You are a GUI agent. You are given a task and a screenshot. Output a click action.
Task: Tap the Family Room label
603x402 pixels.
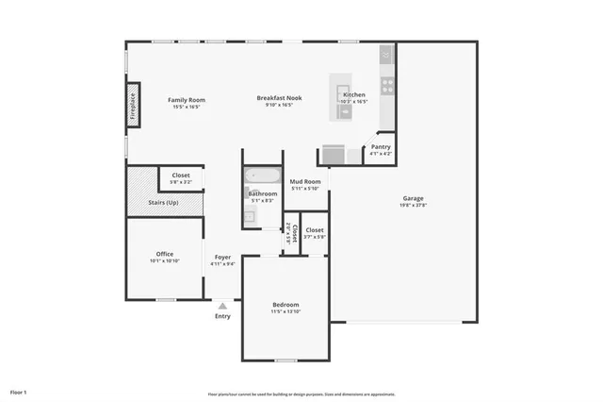point(187,100)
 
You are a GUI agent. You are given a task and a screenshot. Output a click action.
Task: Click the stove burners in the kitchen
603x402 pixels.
point(386,84)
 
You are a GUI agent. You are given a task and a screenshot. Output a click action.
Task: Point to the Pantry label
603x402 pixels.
point(381,146)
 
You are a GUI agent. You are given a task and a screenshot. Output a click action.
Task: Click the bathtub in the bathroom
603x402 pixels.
point(262,176)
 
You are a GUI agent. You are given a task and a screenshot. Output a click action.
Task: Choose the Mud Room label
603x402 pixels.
point(305,181)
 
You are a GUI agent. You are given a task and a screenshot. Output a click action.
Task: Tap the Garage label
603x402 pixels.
point(411,198)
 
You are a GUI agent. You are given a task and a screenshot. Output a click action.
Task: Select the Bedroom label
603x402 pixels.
point(285,304)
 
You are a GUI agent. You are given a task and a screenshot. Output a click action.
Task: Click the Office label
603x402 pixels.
point(165,254)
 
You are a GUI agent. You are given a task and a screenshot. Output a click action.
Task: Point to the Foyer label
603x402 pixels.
point(222,257)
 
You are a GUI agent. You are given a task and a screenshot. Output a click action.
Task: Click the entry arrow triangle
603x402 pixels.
point(222,305)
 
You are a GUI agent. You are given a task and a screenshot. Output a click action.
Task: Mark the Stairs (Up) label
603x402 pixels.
point(165,202)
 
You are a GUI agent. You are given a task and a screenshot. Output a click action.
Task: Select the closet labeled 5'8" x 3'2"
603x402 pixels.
point(181,176)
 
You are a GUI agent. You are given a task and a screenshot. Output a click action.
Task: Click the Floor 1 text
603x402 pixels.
point(19,391)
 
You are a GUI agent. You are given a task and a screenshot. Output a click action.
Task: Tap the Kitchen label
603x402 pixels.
point(354,95)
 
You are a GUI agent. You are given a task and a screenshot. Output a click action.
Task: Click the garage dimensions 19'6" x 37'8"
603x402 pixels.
point(411,206)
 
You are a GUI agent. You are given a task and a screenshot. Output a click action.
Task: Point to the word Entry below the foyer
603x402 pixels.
point(222,315)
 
